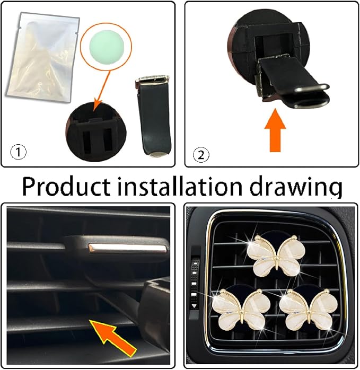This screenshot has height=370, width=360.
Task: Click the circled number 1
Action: [x=18, y=152]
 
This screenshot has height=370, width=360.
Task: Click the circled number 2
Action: [x=201, y=155]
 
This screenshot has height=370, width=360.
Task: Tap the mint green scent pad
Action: [x=107, y=46]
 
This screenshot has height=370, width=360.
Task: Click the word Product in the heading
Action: [x=67, y=186]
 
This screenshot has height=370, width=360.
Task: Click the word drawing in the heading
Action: [x=296, y=188]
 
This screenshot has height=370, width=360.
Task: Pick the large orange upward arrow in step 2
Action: [x=275, y=130]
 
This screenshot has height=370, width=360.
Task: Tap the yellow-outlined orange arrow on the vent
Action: [x=114, y=337]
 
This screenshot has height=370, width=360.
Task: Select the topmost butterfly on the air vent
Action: [x=276, y=256]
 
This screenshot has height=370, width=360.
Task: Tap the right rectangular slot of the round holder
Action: [x=108, y=140]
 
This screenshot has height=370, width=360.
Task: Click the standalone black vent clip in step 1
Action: [x=153, y=116]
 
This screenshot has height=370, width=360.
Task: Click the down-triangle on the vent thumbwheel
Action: [x=194, y=306]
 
